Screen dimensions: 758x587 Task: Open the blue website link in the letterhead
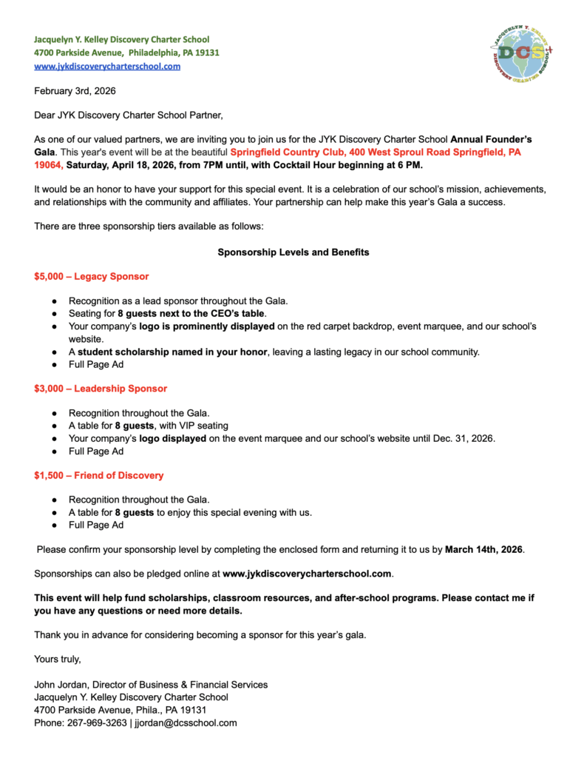click(x=107, y=66)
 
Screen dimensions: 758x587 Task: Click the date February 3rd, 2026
click(x=75, y=91)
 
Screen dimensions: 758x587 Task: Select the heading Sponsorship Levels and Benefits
click(x=293, y=252)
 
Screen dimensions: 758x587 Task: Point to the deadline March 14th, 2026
click(x=483, y=550)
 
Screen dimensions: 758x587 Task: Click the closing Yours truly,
click(x=58, y=659)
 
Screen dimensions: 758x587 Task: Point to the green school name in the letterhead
click(x=122, y=39)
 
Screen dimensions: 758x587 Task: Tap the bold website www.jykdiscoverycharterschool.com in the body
click(x=306, y=574)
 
